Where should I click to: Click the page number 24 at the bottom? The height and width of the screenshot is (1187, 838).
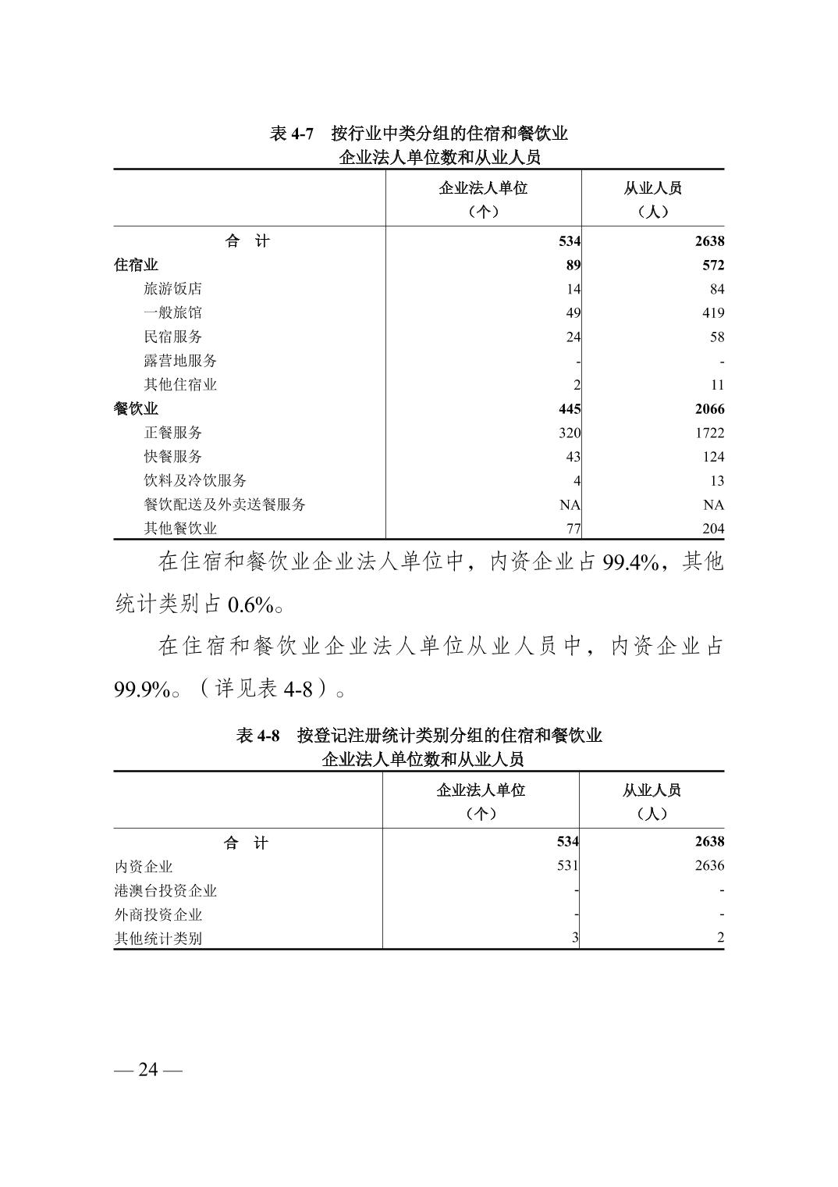pyautogui.click(x=147, y=1069)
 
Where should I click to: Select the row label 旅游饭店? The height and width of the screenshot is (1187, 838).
pyautogui.click(x=172, y=289)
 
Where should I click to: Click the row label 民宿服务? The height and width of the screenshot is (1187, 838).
pyautogui.click(x=172, y=337)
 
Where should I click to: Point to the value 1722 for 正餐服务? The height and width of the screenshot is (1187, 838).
pyautogui.click(x=706, y=433)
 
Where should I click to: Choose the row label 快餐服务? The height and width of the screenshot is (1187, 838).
pyautogui.click(x=172, y=456)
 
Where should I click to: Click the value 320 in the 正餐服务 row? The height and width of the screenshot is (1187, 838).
pyautogui.click(x=570, y=433)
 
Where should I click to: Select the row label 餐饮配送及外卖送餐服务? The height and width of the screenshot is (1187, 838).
pyautogui.click(x=225, y=504)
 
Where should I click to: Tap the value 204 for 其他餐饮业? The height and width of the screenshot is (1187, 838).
pyautogui.click(x=712, y=529)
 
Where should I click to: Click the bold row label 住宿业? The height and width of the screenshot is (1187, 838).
pyautogui.click(x=136, y=265)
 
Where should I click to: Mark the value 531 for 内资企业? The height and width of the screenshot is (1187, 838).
pyautogui.click(x=567, y=865)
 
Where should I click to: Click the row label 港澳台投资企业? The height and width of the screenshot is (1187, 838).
pyautogui.click(x=165, y=890)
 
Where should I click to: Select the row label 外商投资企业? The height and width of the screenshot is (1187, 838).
pyautogui.click(x=158, y=914)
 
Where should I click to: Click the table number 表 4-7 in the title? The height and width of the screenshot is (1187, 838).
pyautogui.click(x=291, y=134)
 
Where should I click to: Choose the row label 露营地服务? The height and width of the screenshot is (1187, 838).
pyautogui.click(x=180, y=361)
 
